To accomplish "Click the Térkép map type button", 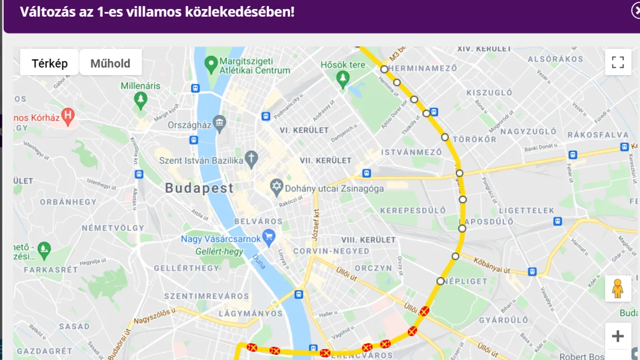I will coord(49,63).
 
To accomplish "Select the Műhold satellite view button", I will coord(110,63).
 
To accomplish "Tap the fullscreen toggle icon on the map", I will coord(618,62).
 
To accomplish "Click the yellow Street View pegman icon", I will coord(618,288).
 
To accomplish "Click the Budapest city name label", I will coord(200,188).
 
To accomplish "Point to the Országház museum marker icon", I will coord(220,124).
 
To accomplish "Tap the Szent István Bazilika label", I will coord(201,160).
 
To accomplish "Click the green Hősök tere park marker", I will coord(342,78).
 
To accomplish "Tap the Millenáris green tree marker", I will coord(140,100).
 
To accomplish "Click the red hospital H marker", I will coord(68,115).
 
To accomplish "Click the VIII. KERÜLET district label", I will coord(368,240).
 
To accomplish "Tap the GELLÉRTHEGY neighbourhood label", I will coord(187,268).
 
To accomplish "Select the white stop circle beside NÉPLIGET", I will coord(440,281).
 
